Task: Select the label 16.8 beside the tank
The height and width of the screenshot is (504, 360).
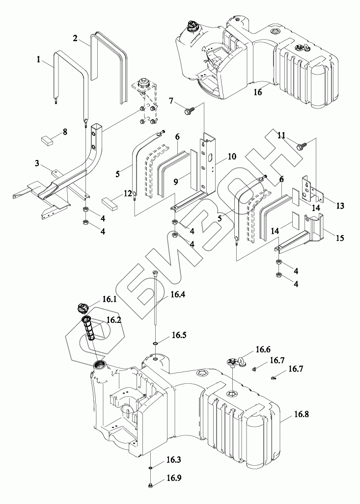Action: (x=301, y=414)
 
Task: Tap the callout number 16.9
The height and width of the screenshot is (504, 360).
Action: (x=174, y=478)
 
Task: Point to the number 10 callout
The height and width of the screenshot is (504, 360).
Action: (x=232, y=157)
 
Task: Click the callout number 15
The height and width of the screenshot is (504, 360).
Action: (x=340, y=238)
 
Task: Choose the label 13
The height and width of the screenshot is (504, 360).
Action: (x=340, y=206)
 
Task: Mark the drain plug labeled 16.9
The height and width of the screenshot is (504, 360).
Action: (x=151, y=485)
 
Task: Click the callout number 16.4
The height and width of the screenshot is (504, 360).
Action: (x=178, y=294)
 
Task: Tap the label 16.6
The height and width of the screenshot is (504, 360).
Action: (x=263, y=349)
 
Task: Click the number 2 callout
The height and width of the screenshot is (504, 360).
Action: (x=75, y=39)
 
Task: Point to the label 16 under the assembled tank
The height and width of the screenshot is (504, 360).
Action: (x=258, y=92)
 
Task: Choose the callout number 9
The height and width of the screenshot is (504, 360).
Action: (x=176, y=182)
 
